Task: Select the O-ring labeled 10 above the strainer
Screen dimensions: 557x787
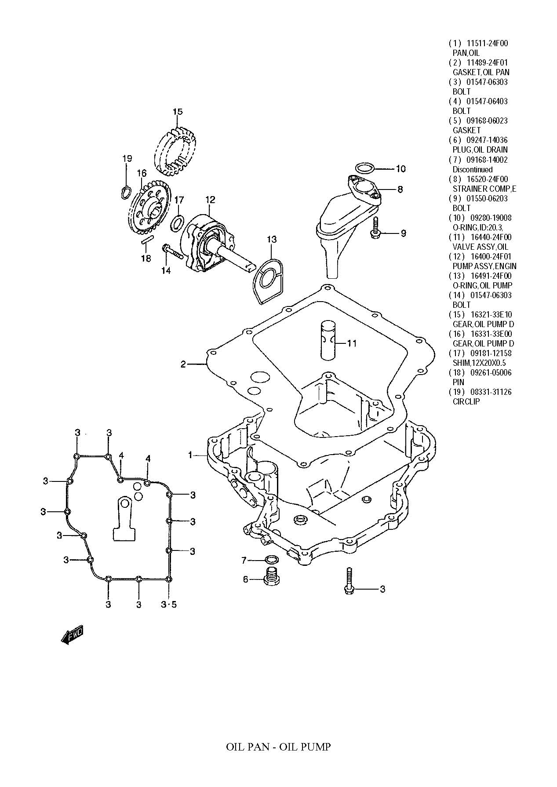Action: click(364, 168)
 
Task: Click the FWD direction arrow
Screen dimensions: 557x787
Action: click(72, 634)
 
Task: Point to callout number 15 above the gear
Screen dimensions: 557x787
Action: click(177, 112)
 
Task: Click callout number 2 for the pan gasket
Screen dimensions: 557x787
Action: click(183, 364)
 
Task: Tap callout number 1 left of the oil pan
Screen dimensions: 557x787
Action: click(190, 455)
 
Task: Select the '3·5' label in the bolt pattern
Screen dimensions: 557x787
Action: click(168, 605)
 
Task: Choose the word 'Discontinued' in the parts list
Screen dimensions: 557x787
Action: click(473, 169)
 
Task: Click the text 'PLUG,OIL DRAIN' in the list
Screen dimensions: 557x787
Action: click(480, 150)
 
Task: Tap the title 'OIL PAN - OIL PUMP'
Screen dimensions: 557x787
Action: click(278, 747)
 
